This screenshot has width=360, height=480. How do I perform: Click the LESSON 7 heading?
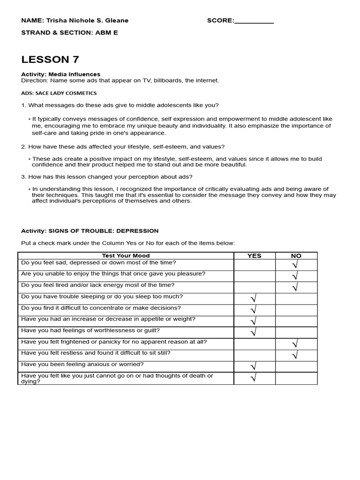click(x=50, y=60)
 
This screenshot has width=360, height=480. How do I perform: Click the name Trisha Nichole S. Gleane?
click(x=87, y=21)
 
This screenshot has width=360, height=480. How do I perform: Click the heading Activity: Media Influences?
click(x=60, y=74)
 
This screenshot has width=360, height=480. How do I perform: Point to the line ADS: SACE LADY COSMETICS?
click(x=59, y=93)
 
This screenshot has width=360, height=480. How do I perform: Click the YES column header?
click(x=254, y=255)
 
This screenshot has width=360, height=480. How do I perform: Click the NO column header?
click(x=296, y=255)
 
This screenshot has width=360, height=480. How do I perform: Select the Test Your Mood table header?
click(x=126, y=255)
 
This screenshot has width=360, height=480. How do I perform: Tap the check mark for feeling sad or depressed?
click(x=295, y=265)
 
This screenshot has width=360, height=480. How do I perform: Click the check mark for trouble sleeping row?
click(x=254, y=299)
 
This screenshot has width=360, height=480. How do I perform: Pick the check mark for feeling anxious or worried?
click(x=254, y=367)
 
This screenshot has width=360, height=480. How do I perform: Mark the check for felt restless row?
click(x=295, y=355)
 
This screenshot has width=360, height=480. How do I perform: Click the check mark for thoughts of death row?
click(x=254, y=378)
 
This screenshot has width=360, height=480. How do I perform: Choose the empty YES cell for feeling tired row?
click(x=254, y=287)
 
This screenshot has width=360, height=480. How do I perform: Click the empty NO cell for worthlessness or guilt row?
click(x=296, y=332)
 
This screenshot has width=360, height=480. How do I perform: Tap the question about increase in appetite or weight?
click(x=108, y=319)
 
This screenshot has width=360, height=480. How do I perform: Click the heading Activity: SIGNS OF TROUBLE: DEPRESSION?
click(x=90, y=231)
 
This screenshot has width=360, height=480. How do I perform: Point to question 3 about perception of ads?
click(x=107, y=177)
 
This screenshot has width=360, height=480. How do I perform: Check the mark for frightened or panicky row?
click(x=295, y=344)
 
